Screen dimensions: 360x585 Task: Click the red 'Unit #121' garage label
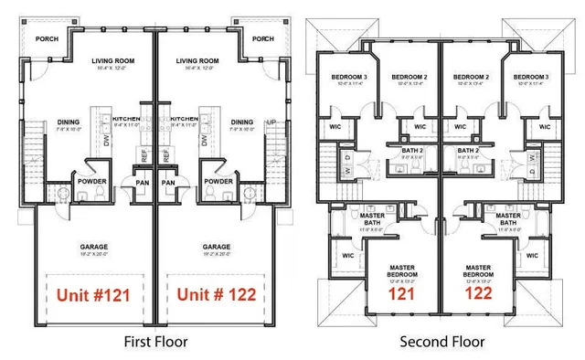tap(93, 295)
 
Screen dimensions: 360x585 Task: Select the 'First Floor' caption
tap(154, 343)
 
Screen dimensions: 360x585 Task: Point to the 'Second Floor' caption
tap(442, 343)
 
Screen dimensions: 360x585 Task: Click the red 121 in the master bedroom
tap(401, 295)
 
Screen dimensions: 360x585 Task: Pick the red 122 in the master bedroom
tap(478, 295)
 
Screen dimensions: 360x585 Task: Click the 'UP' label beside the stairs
tap(270, 122)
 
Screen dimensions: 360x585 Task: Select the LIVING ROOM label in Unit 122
tap(196, 61)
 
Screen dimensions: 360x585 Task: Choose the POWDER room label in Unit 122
tap(218, 181)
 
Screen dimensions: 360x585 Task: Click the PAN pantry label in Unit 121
tap(143, 182)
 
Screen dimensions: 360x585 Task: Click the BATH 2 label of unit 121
tap(416, 151)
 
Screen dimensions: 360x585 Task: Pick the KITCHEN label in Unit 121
tap(125, 119)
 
